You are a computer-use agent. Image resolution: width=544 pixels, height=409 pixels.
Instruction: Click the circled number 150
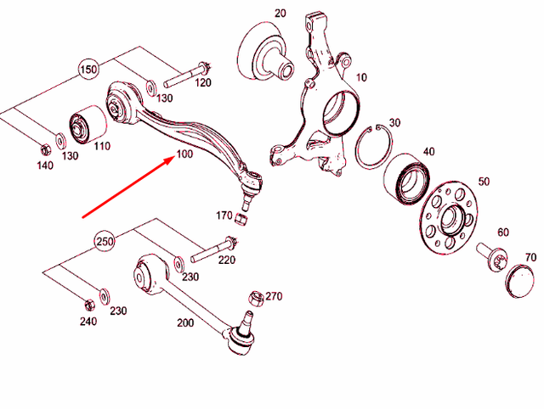click(x=89, y=69)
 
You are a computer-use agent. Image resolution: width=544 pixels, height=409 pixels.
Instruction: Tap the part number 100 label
click(x=185, y=155)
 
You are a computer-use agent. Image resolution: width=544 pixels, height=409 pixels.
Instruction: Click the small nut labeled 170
click(x=241, y=220)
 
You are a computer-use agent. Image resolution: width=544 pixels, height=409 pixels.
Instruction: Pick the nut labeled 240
click(x=88, y=303)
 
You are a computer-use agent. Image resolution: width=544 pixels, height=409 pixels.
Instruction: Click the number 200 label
click(x=186, y=323)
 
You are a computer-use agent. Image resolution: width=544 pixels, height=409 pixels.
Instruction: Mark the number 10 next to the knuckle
click(x=361, y=77)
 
